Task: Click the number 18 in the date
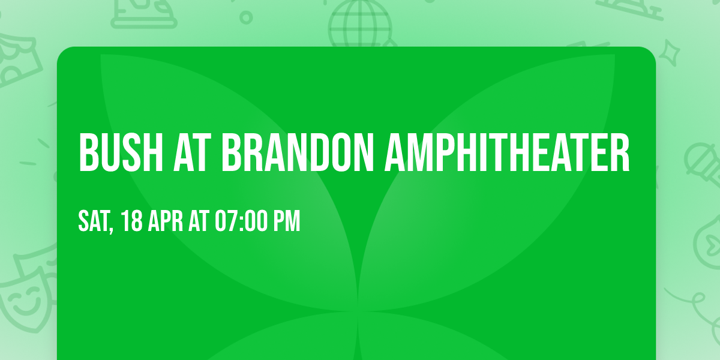click(132, 221)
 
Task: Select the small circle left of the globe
click(245, 17)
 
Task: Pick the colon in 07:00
click(242, 221)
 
